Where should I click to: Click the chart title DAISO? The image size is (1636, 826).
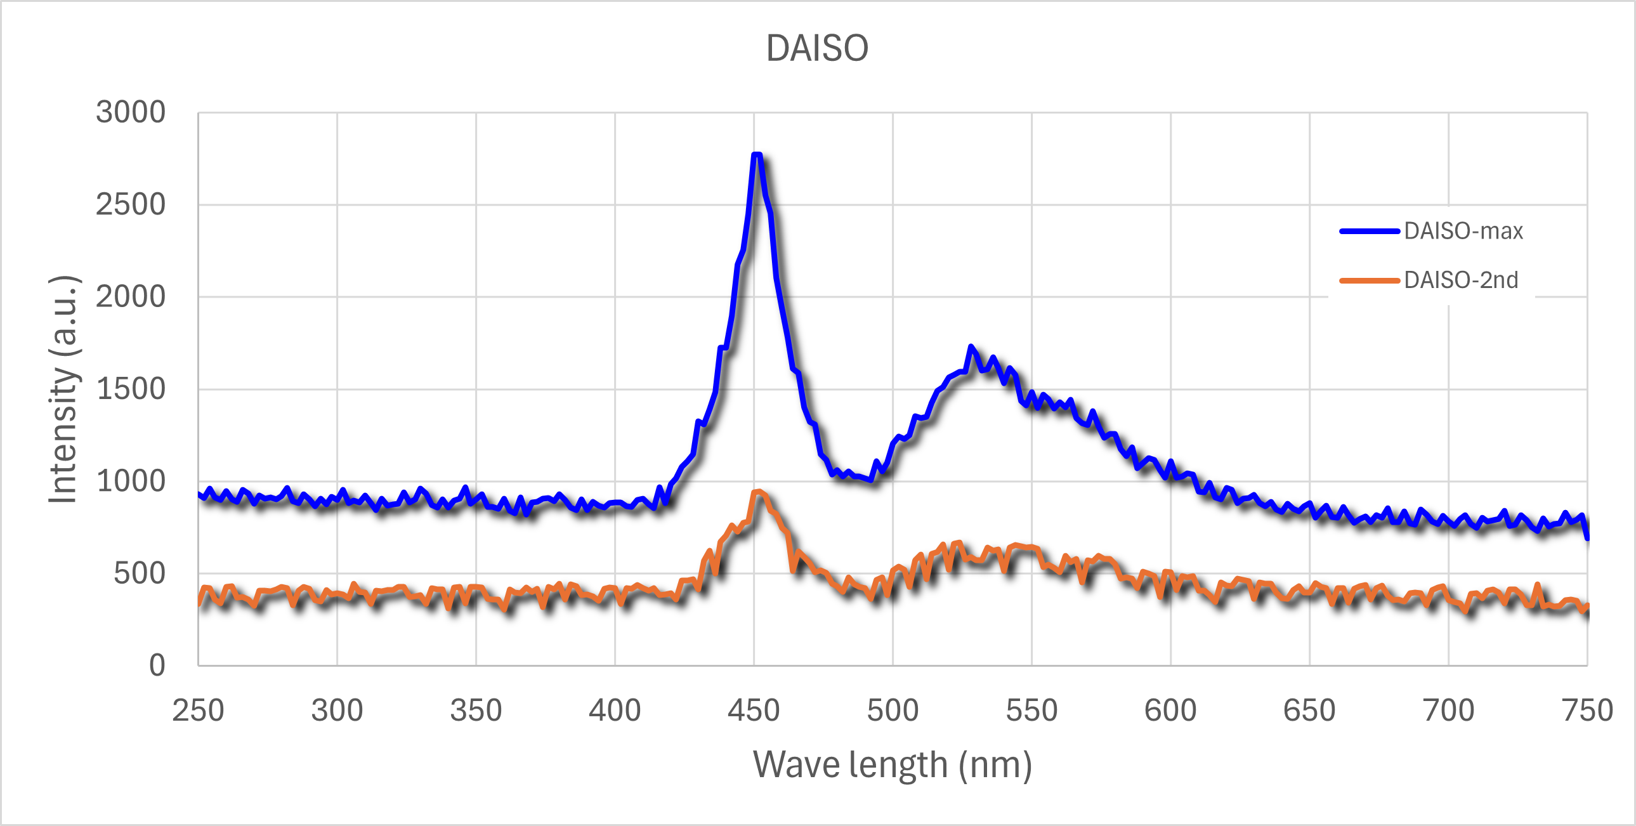click(x=816, y=48)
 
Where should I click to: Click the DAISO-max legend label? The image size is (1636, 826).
click(x=1463, y=231)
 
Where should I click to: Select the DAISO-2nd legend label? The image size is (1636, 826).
click(x=1460, y=280)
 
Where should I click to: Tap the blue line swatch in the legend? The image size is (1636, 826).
click(x=1370, y=232)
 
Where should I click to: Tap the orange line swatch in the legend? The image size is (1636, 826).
click(x=1370, y=281)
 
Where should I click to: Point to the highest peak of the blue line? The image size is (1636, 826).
click(x=756, y=154)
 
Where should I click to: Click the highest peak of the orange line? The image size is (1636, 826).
click(x=757, y=492)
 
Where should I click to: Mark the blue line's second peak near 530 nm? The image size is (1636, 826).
click(x=971, y=347)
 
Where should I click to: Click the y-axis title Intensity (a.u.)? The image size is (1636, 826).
click(x=63, y=390)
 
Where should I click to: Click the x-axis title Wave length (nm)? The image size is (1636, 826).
click(x=893, y=764)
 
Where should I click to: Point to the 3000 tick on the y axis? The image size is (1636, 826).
click(x=130, y=112)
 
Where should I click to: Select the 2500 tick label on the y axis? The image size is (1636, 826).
click(x=130, y=205)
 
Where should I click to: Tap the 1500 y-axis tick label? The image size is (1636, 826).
click(x=130, y=390)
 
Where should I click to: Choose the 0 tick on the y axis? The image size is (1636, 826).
click(x=157, y=666)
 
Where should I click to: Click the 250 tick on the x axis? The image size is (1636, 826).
click(x=198, y=711)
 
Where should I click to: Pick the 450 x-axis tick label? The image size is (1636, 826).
click(x=754, y=711)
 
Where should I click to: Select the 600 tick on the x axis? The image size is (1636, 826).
click(x=1170, y=711)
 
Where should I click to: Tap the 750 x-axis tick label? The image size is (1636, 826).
click(x=1587, y=711)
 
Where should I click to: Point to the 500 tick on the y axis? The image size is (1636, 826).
click(x=139, y=574)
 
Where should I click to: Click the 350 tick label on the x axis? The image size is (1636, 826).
click(x=476, y=711)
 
